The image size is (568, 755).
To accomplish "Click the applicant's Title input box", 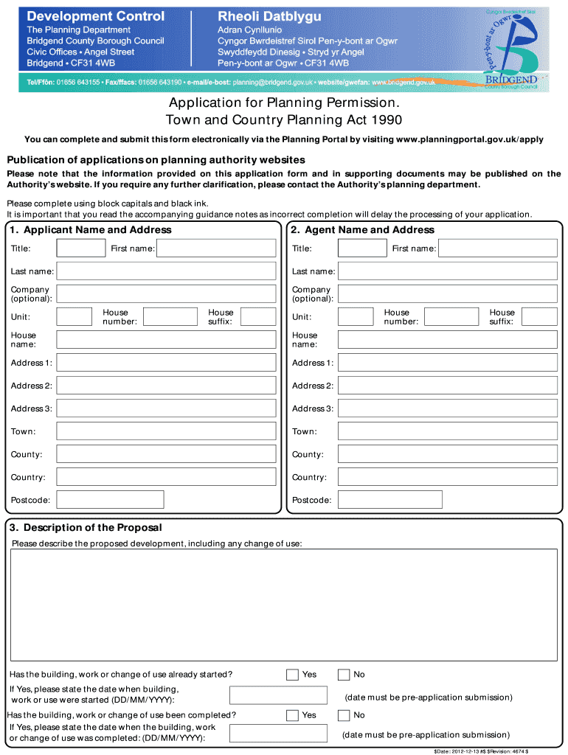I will (81, 248).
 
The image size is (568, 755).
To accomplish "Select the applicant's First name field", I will (217, 248).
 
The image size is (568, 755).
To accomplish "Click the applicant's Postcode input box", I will (110, 500).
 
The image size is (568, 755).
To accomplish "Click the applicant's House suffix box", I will (258, 317).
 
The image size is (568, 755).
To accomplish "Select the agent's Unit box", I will (356, 317).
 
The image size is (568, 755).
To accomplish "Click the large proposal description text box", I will (284, 605).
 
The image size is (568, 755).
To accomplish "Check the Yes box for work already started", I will (292, 675).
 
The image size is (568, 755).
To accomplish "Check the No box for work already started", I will (344, 675).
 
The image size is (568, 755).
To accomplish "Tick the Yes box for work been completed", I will (292, 715).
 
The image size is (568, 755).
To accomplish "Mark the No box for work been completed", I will (344, 715).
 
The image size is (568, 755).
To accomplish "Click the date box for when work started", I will (278, 695).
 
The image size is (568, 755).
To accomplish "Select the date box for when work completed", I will (278, 734).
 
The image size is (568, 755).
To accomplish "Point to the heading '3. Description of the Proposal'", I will (86, 528).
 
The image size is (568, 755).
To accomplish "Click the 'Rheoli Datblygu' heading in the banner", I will (257, 15).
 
